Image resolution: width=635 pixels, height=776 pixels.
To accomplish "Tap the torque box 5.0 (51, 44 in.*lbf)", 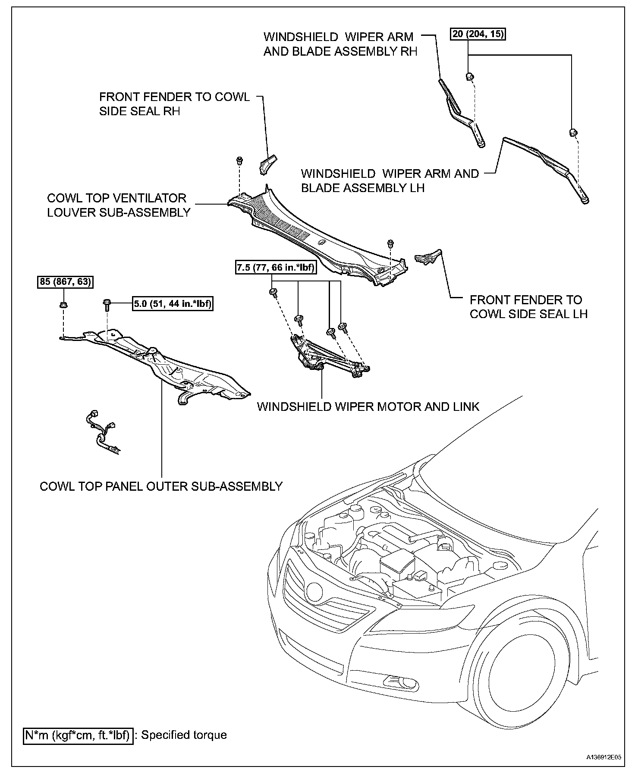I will pyautogui.click(x=173, y=304).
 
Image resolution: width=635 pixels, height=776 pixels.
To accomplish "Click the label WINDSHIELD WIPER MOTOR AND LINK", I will pyautogui.click(x=368, y=407).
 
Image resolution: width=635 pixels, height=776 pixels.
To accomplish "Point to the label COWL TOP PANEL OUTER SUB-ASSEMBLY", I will pyautogui.click(x=161, y=486).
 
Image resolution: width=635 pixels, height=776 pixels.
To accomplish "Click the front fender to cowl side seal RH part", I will pyautogui.click(x=267, y=164).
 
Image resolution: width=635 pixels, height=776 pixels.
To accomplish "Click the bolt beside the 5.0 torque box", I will pyautogui.click(x=107, y=305).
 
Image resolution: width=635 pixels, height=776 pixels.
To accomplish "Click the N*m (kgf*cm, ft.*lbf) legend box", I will pyautogui.click(x=77, y=735).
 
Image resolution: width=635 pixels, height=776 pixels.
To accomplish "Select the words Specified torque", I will pyautogui.click(x=184, y=735).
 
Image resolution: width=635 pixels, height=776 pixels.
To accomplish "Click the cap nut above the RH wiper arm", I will pyautogui.click(x=470, y=77).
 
